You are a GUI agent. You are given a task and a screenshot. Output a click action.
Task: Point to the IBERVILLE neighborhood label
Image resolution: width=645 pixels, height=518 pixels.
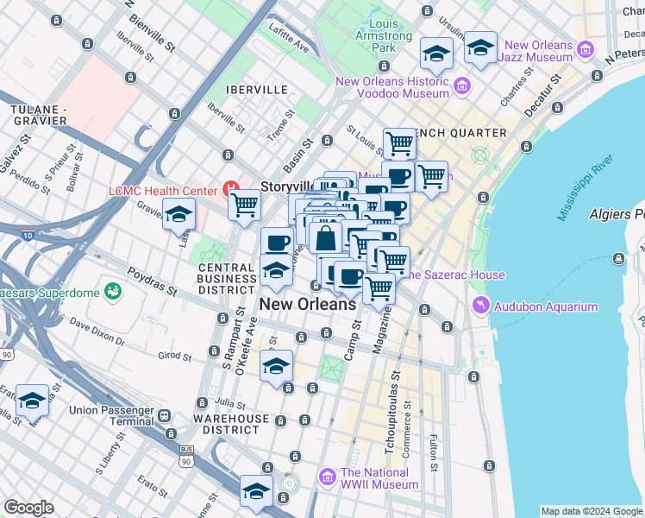(x=254, y=89)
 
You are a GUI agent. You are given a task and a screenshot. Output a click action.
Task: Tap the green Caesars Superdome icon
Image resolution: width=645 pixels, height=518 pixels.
(x=112, y=291)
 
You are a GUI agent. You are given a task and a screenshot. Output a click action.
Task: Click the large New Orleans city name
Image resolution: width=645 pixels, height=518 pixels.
(x=308, y=304)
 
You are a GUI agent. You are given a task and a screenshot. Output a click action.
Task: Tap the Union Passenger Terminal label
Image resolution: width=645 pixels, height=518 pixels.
(x=106, y=416)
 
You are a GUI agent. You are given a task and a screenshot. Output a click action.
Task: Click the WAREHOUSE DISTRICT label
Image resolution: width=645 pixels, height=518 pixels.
(x=231, y=426)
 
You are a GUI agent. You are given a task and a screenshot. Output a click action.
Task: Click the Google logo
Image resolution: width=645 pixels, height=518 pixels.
(x=28, y=508)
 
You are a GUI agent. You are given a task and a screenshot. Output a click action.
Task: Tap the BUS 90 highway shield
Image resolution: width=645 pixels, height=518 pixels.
(x=185, y=455)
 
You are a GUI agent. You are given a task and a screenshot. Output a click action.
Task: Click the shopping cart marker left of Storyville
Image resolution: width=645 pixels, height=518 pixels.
(x=244, y=205)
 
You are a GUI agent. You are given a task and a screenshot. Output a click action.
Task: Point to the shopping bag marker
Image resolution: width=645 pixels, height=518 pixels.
(x=326, y=237)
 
